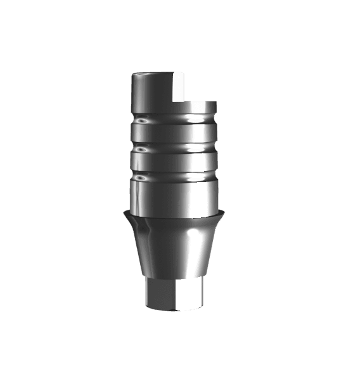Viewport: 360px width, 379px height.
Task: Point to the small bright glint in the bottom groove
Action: tap(143, 177)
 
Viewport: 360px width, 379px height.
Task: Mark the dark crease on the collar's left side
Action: tap(142, 225)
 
